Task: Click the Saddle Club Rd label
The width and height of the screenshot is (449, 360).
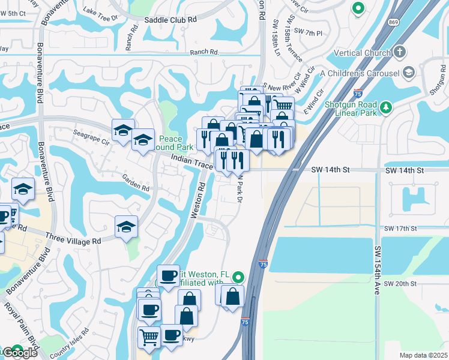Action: point(170,19)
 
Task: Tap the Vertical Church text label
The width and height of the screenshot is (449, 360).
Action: point(361,53)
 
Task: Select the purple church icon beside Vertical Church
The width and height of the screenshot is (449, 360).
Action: point(400,53)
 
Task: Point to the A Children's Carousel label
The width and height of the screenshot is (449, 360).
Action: point(360,73)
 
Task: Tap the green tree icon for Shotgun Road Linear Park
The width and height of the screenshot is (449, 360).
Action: point(387,107)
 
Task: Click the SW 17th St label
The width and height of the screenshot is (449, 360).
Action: point(400,229)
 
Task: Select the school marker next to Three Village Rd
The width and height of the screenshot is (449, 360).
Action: point(126,227)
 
